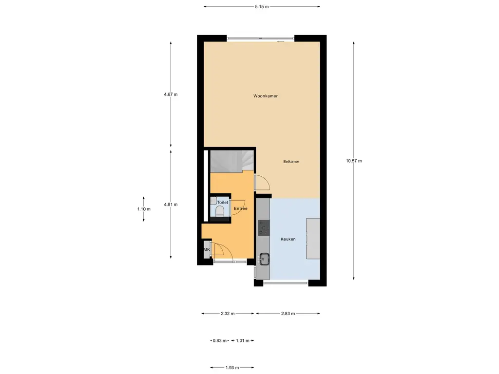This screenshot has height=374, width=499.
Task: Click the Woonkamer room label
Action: (x=266, y=96)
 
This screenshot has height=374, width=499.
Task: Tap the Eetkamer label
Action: (x=291, y=161)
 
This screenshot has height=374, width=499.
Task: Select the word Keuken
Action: (x=288, y=239)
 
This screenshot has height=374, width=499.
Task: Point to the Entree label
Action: (x=241, y=208)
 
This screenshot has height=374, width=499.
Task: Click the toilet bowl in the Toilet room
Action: (x=219, y=210)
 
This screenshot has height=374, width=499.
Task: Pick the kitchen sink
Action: (x=265, y=259)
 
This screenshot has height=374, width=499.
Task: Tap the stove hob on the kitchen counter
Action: (x=264, y=227)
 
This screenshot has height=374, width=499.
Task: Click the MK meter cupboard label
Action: (x=207, y=250)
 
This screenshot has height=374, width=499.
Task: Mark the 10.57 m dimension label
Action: (x=354, y=161)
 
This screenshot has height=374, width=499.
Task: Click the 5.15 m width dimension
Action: (x=262, y=7)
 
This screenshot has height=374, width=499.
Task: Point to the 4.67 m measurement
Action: (x=171, y=94)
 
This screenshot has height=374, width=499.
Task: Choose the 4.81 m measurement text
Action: (x=171, y=205)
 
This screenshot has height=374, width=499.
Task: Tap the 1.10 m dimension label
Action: (x=144, y=209)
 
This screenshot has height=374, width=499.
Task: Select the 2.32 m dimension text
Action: (x=228, y=314)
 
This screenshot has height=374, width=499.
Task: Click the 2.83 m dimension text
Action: (x=288, y=314)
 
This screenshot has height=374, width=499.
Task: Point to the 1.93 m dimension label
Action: (x=231, y=368)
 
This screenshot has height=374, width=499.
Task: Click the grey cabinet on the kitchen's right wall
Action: (x=313, y=239)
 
